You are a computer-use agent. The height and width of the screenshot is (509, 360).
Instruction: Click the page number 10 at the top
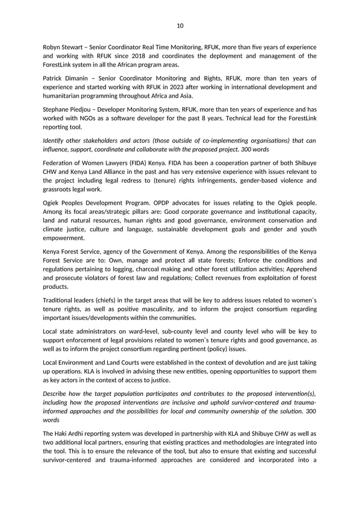point(180,25)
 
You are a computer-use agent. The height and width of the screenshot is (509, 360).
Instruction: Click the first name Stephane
point(58,109)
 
